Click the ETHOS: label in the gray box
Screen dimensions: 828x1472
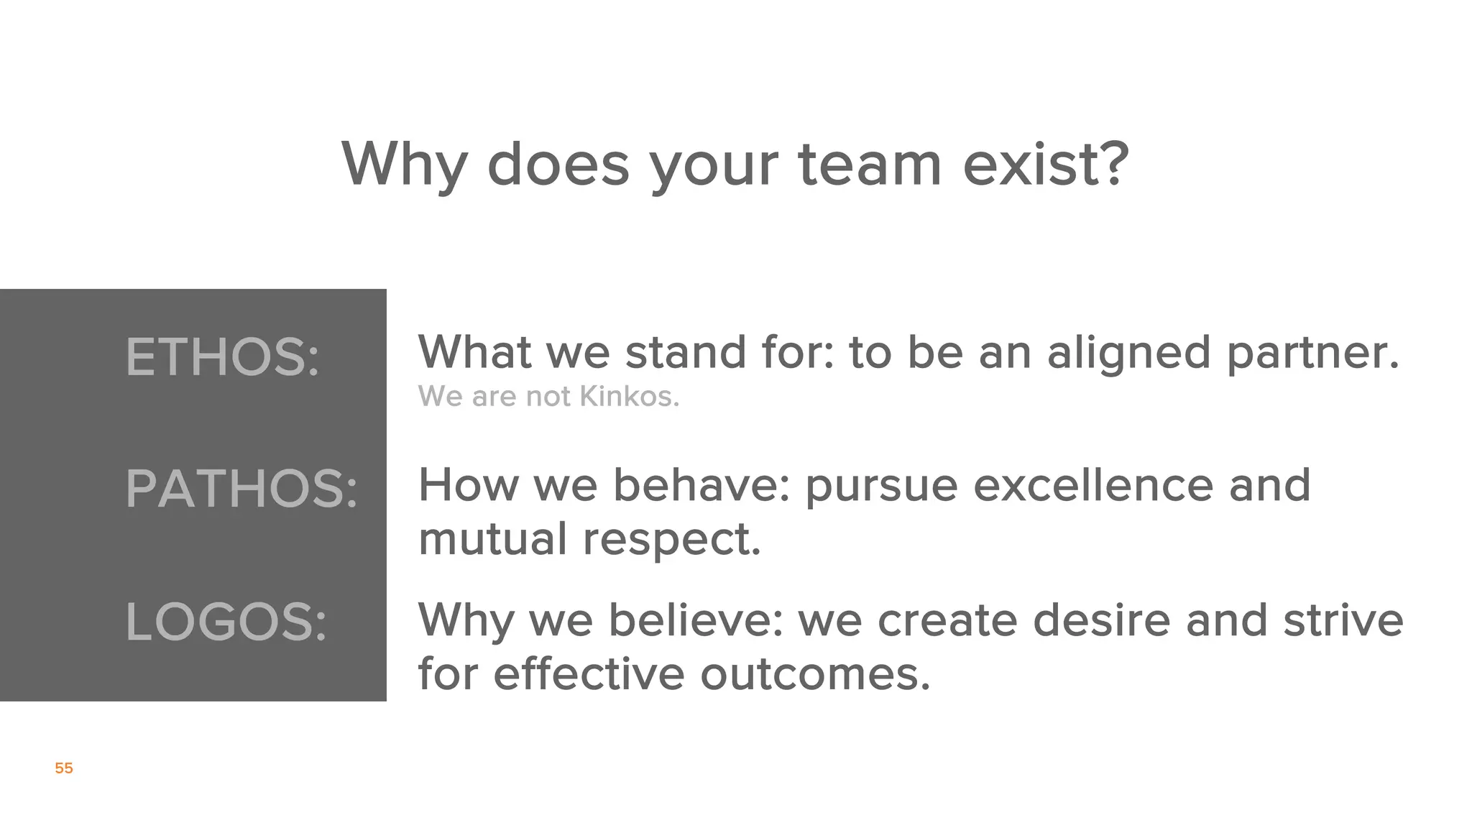coord(222,357)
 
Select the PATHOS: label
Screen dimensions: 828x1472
coord(241,489)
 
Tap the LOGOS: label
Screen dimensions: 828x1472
coord(226,622)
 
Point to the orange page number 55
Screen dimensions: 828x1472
coord(64,768)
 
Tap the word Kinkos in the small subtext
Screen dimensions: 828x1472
coord(629,397)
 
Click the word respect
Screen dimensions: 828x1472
coord(671,540)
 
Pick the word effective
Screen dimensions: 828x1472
coord(589,674)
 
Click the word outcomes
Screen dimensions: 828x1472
coord(814,674)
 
